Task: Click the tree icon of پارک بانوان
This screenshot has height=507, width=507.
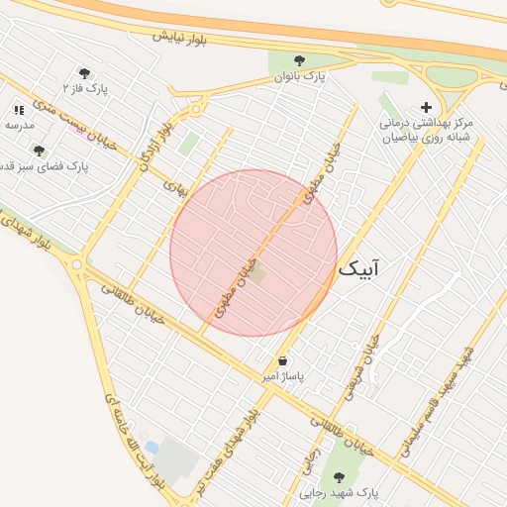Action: coord(299,60)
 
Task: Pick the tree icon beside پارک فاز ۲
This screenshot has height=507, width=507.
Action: coord(84,72)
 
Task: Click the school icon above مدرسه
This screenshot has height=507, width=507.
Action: coord(19,110)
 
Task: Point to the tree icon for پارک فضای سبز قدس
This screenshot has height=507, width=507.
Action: coord(39,151)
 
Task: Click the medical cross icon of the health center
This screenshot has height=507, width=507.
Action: coord(427,107)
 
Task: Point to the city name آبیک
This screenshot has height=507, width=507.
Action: coord(357,268)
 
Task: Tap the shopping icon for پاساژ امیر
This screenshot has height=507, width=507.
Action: coord(283,361)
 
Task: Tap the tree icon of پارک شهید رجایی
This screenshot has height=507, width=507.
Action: coord(340,477)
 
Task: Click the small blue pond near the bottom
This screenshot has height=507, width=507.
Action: coord(151,448)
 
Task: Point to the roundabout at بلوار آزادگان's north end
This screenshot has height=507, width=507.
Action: coord(197,110)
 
